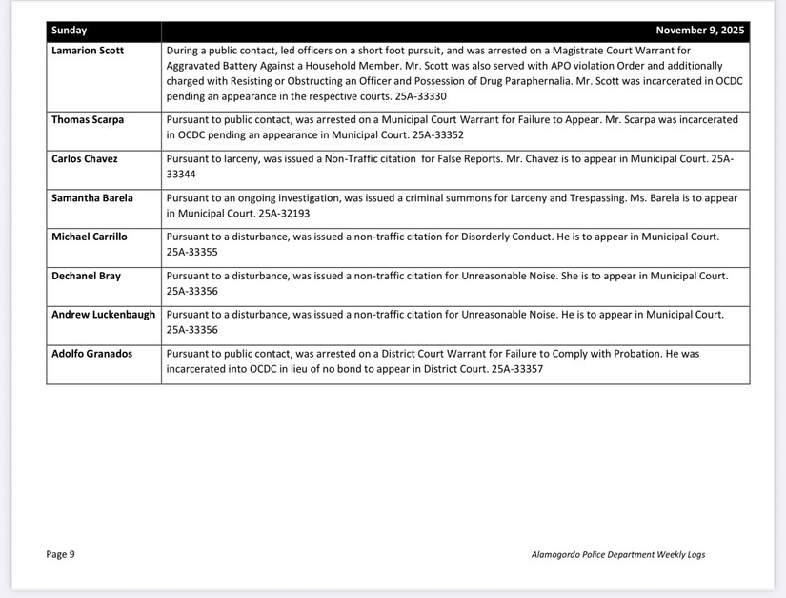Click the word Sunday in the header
(70, 31)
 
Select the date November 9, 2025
(699, 31)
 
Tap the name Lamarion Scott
(88, 50)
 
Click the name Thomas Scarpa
(88, 120)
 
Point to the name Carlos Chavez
(85, 159)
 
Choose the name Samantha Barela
(92, 198)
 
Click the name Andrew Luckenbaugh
(103, 315)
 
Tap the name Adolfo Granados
(91, 354)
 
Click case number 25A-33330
(420, 96)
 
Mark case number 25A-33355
(192, 252)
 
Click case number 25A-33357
(517, 369)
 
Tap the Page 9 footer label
(60, 554)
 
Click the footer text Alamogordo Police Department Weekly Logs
(618, 555)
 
